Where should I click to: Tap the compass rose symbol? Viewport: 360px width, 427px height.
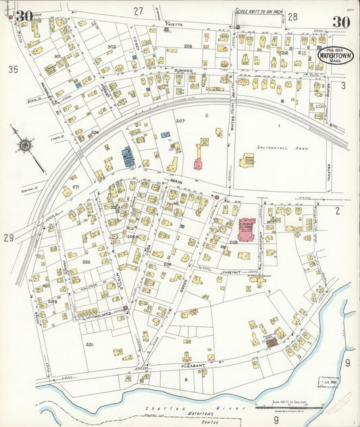pyautogui.click(x=24, y=144)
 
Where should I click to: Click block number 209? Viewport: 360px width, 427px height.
pyautogui.click(x=188, y=46)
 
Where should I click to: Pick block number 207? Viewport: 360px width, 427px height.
pyautogui.click(x=180, y=120)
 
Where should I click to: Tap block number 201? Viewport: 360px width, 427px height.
pyautogui.click(x=89, y=345)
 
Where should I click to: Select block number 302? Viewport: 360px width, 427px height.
pyautogui.click(x=111, y=47)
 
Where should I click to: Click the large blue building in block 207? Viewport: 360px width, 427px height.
pyautogui.click(x=127, y=157)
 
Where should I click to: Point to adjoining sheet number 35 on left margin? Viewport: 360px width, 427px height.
pyautogui.click(x=11, y=69)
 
